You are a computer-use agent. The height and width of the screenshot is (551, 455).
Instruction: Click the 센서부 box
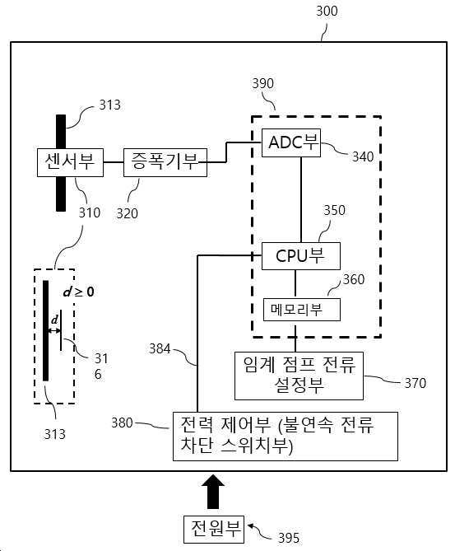click(70, 161)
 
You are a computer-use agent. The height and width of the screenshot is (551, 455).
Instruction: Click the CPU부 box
click(300, 255)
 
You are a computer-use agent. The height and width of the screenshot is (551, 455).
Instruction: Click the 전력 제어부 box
click(285, 434)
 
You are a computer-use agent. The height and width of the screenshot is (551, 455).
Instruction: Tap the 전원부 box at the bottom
click(213, 527)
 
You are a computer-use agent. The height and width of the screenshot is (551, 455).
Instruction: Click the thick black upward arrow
click(213, 492)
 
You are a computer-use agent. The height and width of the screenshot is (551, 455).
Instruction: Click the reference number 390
click(264, 84)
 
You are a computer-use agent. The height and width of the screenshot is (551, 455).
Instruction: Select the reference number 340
click(362, 156)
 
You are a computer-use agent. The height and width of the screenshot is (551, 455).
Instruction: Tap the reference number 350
click(334, 210)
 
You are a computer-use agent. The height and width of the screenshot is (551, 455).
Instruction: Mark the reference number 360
click(353, 280)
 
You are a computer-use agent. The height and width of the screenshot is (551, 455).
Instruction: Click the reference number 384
click(160, 348)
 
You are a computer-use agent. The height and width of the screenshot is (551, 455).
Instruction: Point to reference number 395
click(289, 538)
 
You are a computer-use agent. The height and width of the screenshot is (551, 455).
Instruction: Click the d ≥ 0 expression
click(79, 292)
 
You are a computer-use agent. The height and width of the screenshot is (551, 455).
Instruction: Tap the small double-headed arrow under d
click(54, 330)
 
